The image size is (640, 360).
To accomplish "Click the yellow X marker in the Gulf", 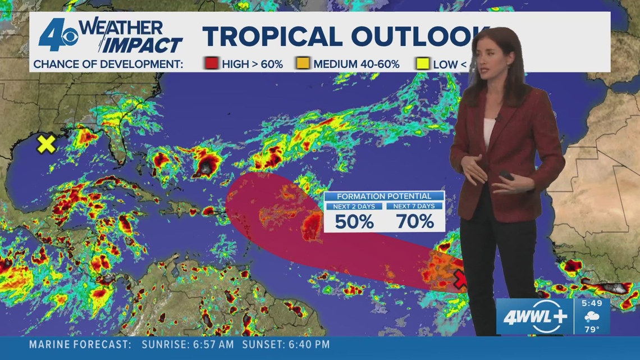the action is pos(46,144).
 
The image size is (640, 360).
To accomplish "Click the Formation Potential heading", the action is pos(384,196).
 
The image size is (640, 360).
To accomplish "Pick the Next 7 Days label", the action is pos(414,206).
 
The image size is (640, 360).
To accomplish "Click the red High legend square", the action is pos(212,64).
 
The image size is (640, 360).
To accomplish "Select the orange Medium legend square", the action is pos(304,64).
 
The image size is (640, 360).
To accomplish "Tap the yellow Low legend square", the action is pos(423,64).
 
